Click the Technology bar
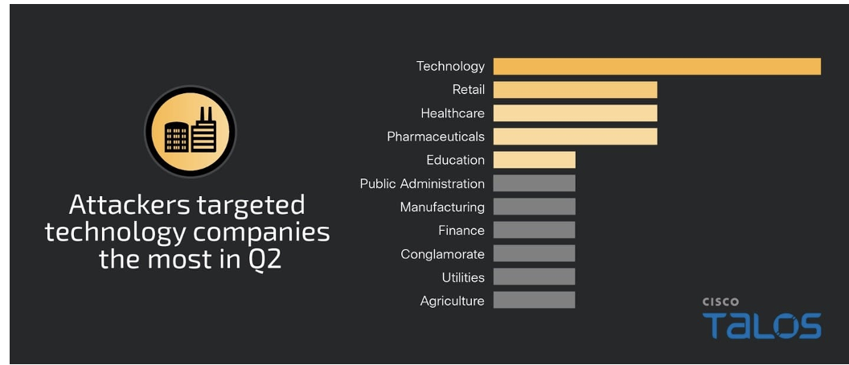click(x=656, y=66)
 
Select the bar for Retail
click(x=575, y=89)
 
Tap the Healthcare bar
click(x=575, y=113)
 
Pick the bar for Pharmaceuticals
click(x=575, y=137)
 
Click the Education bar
click(x=534, y=160)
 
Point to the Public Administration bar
click(x=534, y=183)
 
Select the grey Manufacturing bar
click(x=534, y=207)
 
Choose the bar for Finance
click(x=534, y=230)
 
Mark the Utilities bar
click(x=534, y=277)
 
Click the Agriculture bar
click(x=534, y=301)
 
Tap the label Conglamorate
click(x=442, y=254)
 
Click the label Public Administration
click(x=422, y=183)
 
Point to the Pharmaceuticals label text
click(x=436, y=137)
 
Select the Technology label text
click(x=450, y=66)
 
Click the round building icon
click(x=191, y=131)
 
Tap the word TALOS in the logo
click(x=761, y=326)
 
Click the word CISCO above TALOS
click(x=720, y=302)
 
